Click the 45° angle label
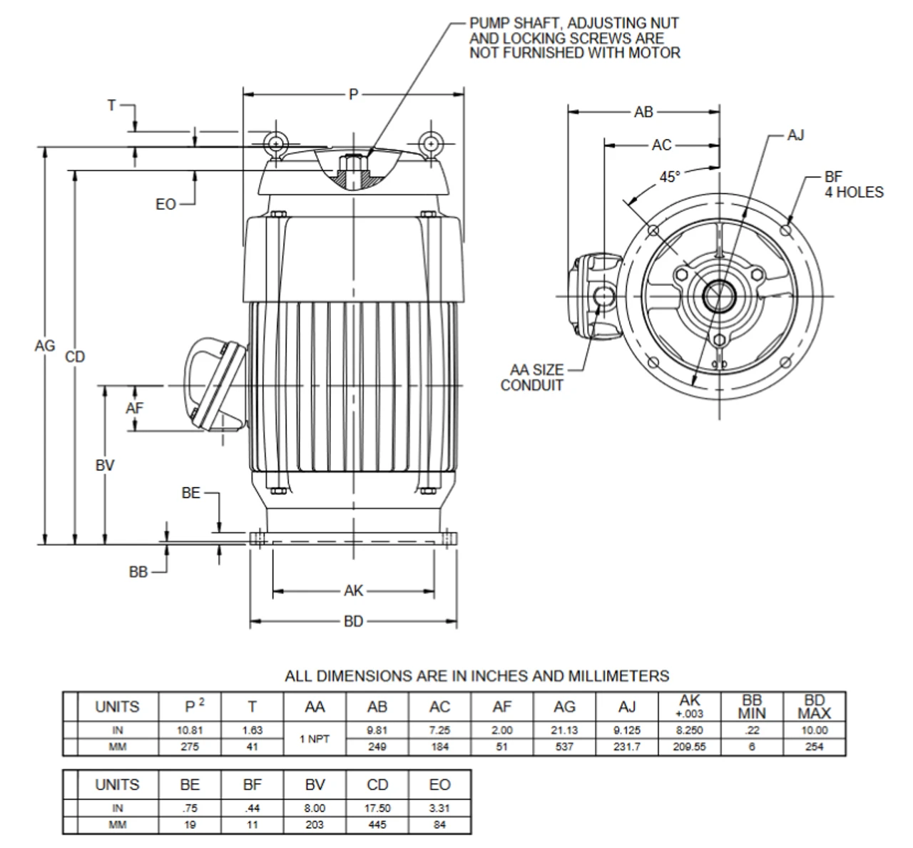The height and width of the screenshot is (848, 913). [x=669, y=177]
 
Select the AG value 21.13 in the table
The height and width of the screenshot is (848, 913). [x=563, y=730]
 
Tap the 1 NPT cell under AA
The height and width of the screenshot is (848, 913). [x=314, y=739]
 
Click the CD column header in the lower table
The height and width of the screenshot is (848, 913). [x=377, y=785]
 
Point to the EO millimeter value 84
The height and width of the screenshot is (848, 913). [x=439, y=825]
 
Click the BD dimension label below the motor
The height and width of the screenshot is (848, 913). [x=353, y=621]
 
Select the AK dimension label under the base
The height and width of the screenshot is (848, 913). [x=353, y=591]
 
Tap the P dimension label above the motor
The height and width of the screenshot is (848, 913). [x=353, y=94]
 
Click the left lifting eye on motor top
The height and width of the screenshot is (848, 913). [x=275, y=144]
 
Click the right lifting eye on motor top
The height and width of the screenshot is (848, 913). [x=431, y=144]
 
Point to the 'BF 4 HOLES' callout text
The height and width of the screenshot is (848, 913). [x=853, y=185]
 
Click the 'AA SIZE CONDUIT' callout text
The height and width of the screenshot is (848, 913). [x=531, y=378]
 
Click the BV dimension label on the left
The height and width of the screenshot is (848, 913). [x=105, y=466]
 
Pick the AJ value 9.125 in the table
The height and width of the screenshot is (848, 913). [x=626, y=730]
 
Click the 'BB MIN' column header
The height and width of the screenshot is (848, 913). [x=752, y=707]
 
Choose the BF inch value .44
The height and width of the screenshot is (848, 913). [x=252, y=808]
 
